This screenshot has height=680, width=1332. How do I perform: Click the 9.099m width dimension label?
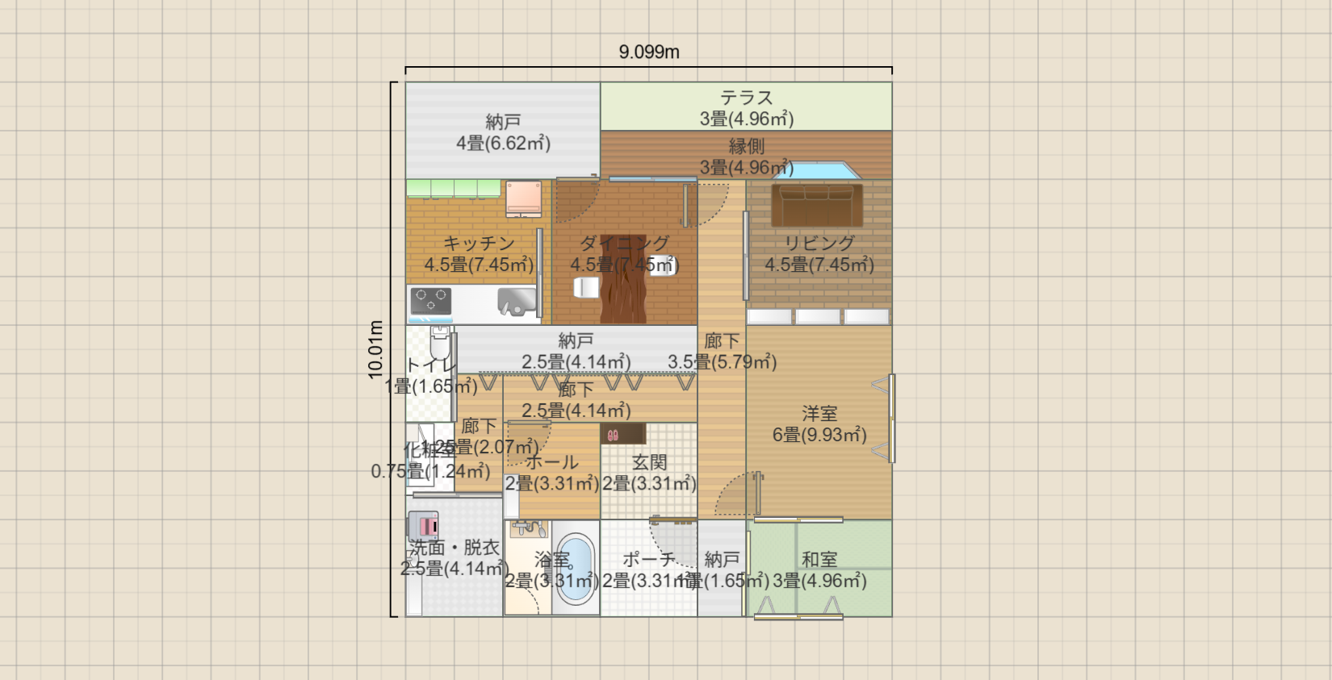tap(649, 52)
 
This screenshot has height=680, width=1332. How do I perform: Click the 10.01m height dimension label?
tap(375, 349)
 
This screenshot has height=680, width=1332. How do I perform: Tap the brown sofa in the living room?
tap(816, 205)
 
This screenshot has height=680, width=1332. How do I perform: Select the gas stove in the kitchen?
tap(431, 301)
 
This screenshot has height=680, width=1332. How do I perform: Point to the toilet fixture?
tap(440, 343)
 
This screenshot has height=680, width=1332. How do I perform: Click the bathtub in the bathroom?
tap(576, 567)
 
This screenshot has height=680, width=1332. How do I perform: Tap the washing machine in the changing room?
tap(423, 526)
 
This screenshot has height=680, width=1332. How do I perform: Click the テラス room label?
tap(746, 98)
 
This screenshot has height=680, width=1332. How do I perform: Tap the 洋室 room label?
tap(819, 414)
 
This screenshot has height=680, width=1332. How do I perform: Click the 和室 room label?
tap(819, 559)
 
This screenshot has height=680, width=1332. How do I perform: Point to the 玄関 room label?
tap(649, 462)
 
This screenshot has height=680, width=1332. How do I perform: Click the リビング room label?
tap(819, 243)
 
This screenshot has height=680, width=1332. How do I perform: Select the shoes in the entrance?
tap(613, 435)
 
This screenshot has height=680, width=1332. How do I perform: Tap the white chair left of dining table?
tap(585, 286)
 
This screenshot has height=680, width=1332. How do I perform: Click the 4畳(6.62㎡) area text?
tap(503, 144)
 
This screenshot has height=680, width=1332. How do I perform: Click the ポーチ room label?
tap(648, 559)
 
